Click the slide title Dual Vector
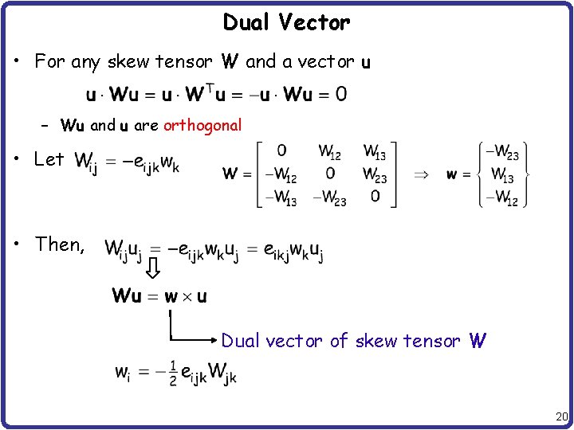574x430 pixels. [x=286, y=22]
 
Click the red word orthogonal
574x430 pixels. [x=202, y=125]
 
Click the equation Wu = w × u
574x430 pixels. [x=159, y=296]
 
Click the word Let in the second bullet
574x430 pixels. [x=49, y=159]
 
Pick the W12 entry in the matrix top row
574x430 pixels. [x=330, y=151]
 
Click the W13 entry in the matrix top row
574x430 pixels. [x=374, y=151]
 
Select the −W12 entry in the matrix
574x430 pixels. [x=280, y=174]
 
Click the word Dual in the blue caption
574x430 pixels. [x=241, y=341]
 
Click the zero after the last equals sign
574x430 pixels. [x=340, y=94]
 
